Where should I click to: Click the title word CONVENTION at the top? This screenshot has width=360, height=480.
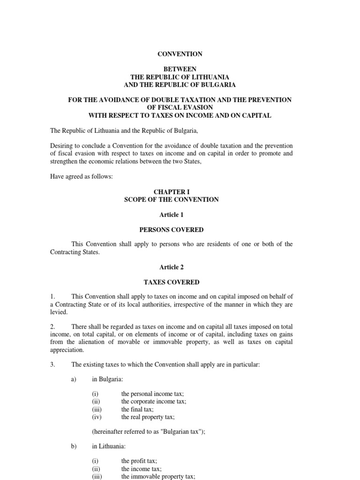(180, 54)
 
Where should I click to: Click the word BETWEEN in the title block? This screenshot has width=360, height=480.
(180, 69)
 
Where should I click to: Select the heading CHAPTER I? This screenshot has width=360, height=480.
(171, 192)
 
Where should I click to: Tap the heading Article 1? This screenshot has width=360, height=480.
(171, 215)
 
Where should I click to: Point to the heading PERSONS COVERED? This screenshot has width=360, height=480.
(171, 230)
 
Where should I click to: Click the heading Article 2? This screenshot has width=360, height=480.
(171, 267)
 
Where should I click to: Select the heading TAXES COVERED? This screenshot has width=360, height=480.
(171, 282)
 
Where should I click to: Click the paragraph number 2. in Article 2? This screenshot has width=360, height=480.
(52, 326)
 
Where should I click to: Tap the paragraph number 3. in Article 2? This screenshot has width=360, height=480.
(52, 364)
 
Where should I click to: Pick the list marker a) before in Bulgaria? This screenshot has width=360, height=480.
(74, 379)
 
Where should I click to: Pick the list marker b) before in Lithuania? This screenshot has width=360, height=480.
(74, 446)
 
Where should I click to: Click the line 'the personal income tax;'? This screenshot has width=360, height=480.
(153, 394)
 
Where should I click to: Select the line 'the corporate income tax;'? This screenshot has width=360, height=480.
(154, 402)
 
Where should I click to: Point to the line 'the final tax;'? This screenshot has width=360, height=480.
(137, 409)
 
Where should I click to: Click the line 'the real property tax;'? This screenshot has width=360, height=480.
(148, 417)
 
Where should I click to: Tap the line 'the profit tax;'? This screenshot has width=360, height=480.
(139, 461)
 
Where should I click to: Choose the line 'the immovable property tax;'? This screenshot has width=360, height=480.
(158, 476)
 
